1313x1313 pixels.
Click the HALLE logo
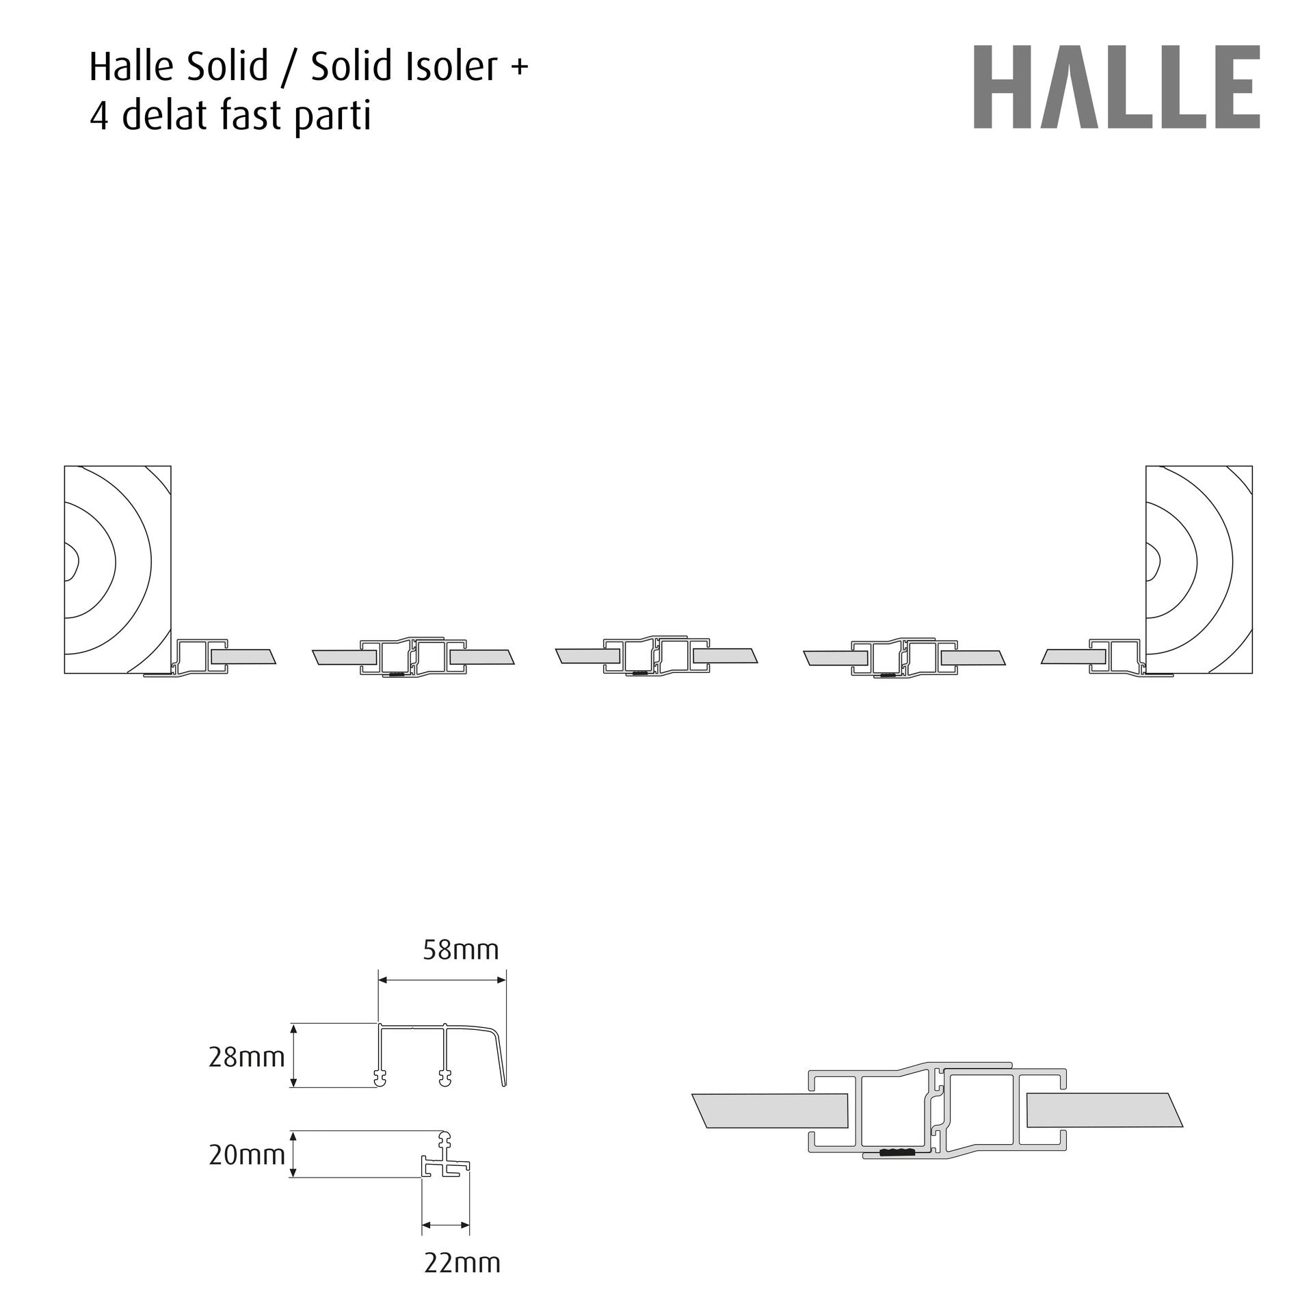coord(1117,87)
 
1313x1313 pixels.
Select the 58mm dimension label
coord(461,950)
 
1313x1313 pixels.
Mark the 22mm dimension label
coord(462,1262)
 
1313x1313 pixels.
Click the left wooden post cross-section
coord(118,570)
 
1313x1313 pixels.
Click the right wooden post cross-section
coord(1199,570)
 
